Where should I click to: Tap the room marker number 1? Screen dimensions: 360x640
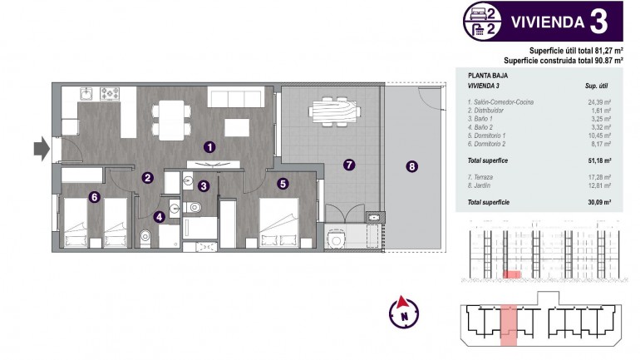click(x=210, y=146)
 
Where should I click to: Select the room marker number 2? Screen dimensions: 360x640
click(x=147, y=177)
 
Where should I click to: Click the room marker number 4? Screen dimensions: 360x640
click(x=159, y=217)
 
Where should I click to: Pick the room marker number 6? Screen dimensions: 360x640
click(x=95, y=196)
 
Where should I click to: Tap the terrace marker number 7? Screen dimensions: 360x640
click(x=349, y=165)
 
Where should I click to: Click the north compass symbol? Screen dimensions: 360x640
click(x=404, y=312)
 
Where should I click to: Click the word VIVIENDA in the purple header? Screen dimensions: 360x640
click(x=545, y=22)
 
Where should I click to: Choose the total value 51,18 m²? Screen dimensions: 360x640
click(x=598, y=160)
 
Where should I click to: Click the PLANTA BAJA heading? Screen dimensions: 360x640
click(x=488, y=75)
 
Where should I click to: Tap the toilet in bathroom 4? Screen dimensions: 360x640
click(x=146, y=236)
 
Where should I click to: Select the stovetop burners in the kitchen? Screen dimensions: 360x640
click(x=110, y=93)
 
